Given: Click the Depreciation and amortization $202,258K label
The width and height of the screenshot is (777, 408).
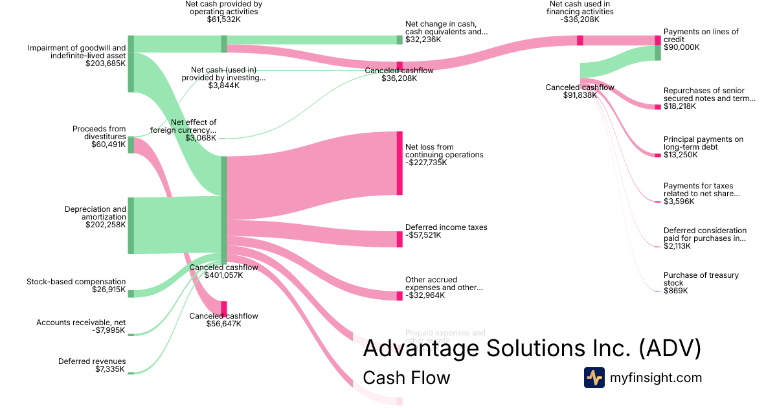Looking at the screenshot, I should [x=95, y=217].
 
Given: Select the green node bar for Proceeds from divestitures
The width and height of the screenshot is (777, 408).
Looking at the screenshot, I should [x=131, y=145].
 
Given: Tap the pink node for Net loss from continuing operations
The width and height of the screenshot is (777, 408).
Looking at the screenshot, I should [x=400, y=163].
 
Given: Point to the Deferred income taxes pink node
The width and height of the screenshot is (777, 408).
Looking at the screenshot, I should [x=400, y=239].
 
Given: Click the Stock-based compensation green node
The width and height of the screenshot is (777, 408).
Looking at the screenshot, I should [x=131, y=293].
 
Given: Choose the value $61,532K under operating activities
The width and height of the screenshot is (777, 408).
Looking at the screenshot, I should [x=223, y=20].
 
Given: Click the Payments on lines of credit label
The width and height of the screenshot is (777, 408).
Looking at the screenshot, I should [x=701, y=36].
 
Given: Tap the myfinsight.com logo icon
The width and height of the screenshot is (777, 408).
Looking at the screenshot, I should [x=594, y=378].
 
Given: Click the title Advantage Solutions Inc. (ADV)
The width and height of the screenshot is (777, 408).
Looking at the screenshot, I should [x=532, y=348].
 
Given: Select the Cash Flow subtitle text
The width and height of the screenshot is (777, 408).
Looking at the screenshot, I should [x=406, y=378].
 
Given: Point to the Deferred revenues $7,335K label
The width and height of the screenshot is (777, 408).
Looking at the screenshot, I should [x=92, y=365].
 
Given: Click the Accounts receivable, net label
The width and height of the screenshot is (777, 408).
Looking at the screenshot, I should [x=81, y=323].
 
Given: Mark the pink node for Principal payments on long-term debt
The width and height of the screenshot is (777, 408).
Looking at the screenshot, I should [x=658, y=155].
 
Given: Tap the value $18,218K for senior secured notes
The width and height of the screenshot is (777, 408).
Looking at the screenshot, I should [x=680, y=106].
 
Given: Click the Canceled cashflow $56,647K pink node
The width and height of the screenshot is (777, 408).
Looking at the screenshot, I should [x=224, y=307].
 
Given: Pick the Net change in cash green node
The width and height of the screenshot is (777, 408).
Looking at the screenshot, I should [x=400, y=40].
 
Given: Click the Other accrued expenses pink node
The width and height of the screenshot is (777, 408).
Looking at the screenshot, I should [x=400, y=296].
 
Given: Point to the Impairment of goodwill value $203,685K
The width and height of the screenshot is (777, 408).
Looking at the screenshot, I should [x=106, y=63].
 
